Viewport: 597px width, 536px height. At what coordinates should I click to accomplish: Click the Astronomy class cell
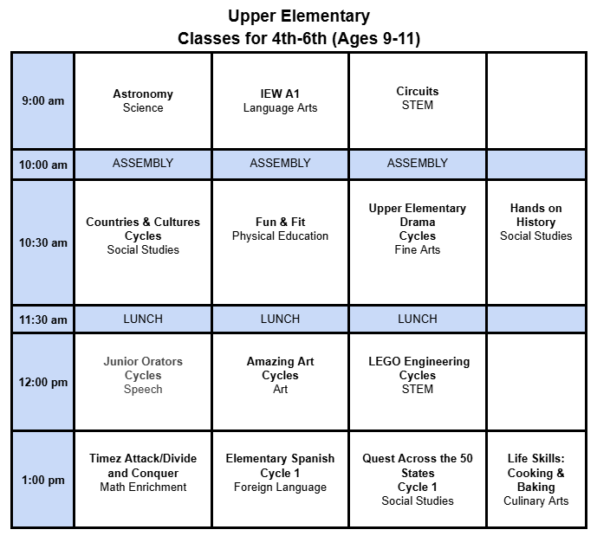click(x=143, y=100)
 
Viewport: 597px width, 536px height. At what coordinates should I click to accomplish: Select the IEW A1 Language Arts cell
click(x=280, y=100)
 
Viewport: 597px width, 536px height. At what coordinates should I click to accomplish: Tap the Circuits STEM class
click(x=418, y=98)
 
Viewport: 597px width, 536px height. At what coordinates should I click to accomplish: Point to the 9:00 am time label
click(x=42, y=100)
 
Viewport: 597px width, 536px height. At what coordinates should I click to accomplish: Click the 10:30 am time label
click(x=42, y=242)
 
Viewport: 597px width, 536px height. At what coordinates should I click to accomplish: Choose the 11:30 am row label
click(x=42, y=320)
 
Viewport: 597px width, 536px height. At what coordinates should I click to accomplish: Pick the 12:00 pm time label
click(x=42, y=382)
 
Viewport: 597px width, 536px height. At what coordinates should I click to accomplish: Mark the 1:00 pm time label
click(x=42, y=480)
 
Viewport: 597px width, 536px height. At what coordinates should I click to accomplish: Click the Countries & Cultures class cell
click(x=143, y=236)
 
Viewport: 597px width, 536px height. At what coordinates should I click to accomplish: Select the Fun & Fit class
click(x=280, y=229)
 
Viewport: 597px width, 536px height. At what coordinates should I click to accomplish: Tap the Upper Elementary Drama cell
click(x=418, y=229)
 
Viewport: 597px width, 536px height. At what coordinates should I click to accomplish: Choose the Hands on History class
click(x=535, y=222)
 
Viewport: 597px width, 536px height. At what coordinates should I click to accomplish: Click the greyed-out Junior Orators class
click(x=143, y=375)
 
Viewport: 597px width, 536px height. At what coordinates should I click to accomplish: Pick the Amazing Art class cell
click(x=280, y=375)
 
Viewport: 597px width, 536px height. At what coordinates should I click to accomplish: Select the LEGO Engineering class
click(x=418, y=375)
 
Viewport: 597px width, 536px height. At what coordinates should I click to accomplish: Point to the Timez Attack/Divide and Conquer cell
click(x=143, y=473)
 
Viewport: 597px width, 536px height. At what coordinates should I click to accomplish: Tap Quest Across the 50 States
click(x=418, y=479)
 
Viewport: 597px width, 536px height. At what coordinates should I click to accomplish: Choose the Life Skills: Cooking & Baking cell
click(x=535, y=479)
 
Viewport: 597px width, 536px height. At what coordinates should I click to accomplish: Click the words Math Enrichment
click(x=143, y=488)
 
